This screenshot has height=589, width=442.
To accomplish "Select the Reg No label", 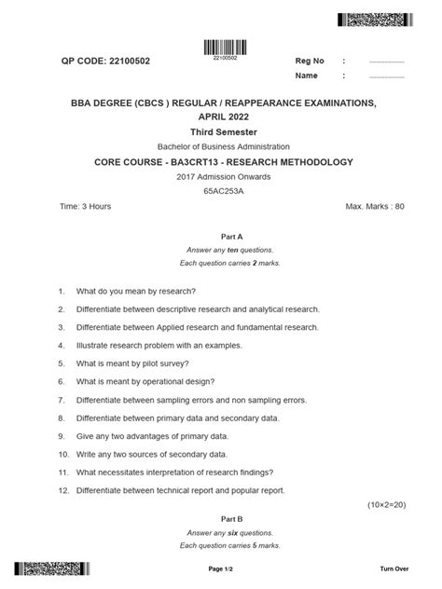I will [x=310, y=62].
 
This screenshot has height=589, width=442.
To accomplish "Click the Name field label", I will [x=307, y=75].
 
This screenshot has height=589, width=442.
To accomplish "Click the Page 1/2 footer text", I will [x=221, y=568].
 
